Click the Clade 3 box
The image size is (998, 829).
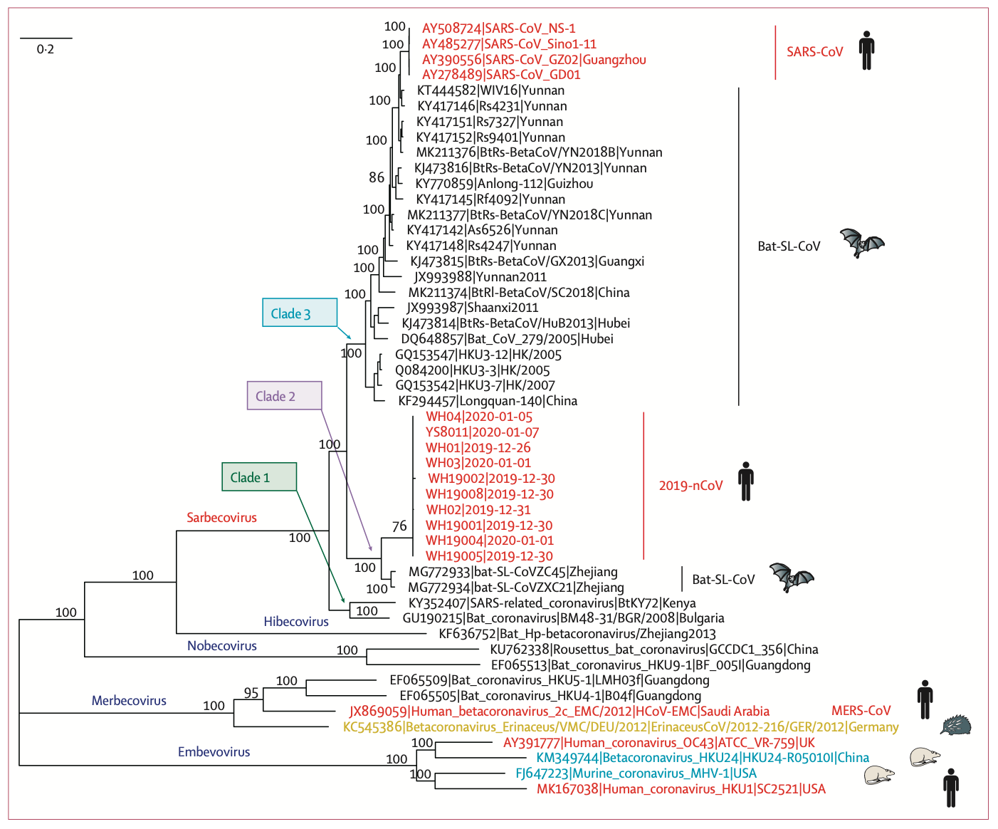[x=300, y=313]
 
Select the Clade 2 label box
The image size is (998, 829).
[x=285, y=395]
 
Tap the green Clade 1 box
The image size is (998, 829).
[x=259, y=476]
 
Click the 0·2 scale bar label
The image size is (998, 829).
[x=46, y=49]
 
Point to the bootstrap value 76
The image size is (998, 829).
[x=399, y=526]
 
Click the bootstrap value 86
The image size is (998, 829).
[x=376, y=177]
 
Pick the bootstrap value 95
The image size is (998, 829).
[x=251, y=693]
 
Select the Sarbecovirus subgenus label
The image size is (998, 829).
[x=221, y=517]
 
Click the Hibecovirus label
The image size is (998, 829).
[x=296, y=621]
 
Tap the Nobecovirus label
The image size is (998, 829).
[x=222, y=646]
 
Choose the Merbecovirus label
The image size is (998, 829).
[x=129, y=700]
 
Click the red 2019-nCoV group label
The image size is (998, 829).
[x=690, y=486]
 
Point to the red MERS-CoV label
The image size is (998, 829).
[x=861, y=710]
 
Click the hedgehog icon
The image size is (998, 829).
[x=955, y=726]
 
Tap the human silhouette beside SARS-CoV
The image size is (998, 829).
[x=866, y=51]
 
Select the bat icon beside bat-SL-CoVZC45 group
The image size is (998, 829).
[x=791, y=577]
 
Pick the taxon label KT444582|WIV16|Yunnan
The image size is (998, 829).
[x=490, y=90]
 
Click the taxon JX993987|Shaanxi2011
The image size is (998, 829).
[x=472, y=308]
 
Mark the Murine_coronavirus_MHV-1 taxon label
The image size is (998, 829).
[x=636, y=773]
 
